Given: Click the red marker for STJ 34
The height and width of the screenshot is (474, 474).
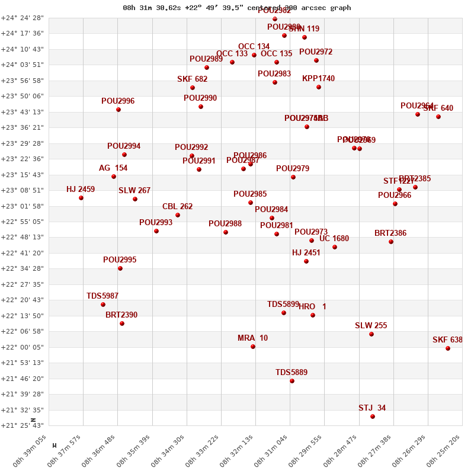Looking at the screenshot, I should [x=373, y=417].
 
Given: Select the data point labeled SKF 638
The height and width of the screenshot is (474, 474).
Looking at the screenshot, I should [x=448, y=348].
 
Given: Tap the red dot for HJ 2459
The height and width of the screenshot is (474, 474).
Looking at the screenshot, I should [x=81, y=198].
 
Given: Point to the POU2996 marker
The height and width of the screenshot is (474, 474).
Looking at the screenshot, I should [x=118, y=110].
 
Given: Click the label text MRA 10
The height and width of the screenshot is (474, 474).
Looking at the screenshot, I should [x=252, y=338].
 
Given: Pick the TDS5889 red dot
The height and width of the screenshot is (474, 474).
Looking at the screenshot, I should [x=292, y=381].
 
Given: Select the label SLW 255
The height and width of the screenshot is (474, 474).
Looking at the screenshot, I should [x=371, y=326].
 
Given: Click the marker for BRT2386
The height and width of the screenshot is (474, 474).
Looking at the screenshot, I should [x=391, y=242].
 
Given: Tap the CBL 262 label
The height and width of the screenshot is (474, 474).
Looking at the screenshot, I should [x=177, y=207].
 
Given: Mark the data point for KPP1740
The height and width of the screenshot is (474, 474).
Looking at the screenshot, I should [x=319, y=87].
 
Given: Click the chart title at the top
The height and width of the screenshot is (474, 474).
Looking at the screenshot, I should [x=237, y=8].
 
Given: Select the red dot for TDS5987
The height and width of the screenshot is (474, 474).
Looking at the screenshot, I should [x=103, y=305].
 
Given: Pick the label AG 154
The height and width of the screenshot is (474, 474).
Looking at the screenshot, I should [x=113, y=168].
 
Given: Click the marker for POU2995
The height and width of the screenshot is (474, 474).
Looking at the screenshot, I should [x=120, y=268].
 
